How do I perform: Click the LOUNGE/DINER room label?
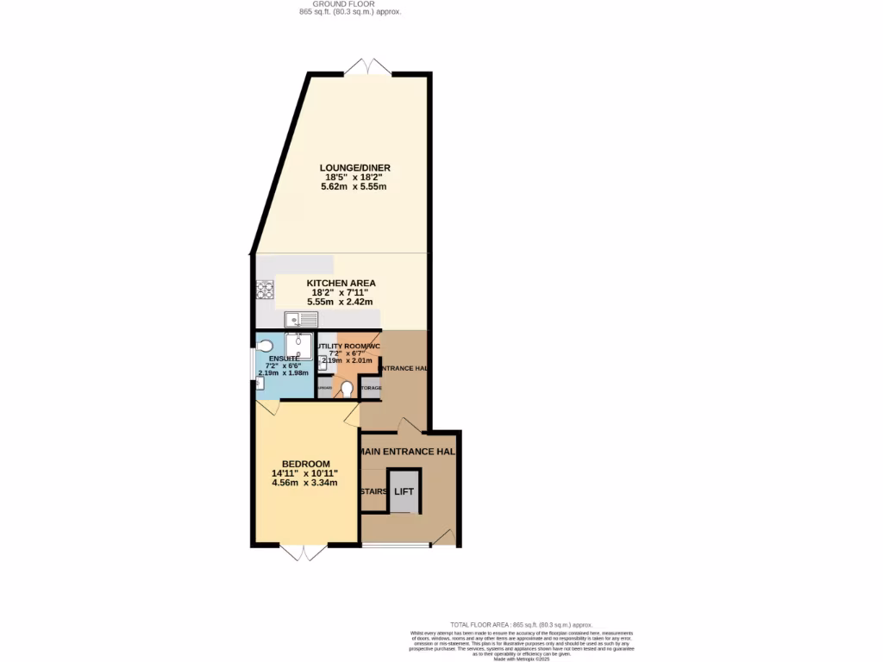pos(354,167)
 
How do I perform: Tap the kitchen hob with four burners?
pos(264,291)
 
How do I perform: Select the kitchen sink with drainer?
pos(302,320)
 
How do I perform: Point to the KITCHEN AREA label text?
pos(341,283)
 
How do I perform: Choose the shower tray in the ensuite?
pos(299,345)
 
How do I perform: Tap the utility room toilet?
pos(347,390)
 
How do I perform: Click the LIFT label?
pos(404,491)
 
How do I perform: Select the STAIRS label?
pos(373,491)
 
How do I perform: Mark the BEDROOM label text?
pos(305,464)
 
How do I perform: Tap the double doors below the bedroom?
pos(305,553)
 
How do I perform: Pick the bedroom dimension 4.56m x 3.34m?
pos(305,483)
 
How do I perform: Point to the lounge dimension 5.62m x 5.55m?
pos(354,186)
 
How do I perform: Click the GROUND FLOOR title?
pos(345,4)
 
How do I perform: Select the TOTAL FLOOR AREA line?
pos(522,624)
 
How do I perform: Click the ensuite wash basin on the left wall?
pos(260,383)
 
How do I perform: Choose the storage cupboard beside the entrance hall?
pos(371,389)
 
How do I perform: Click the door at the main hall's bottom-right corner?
pos(443,538)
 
